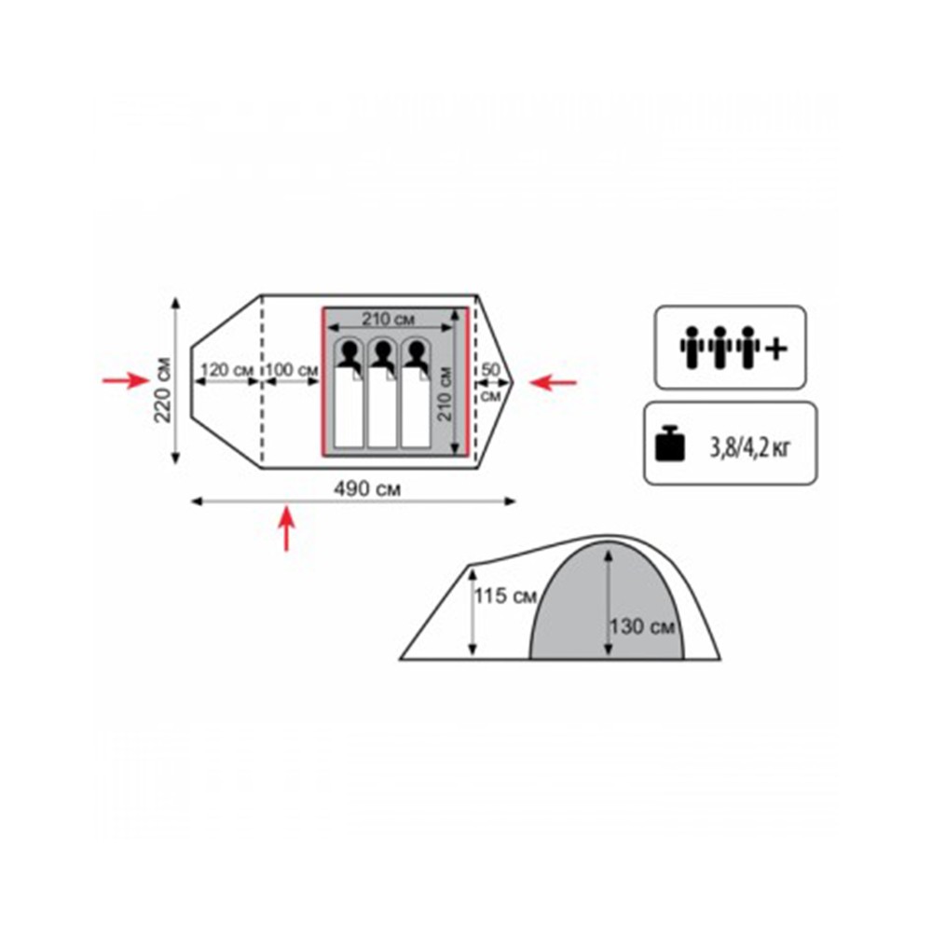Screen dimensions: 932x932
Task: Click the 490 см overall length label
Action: click(366, 489)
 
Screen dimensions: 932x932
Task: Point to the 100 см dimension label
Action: click(291, 370)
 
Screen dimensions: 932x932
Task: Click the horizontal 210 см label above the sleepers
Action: click(389, 319)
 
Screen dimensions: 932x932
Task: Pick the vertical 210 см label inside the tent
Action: click(445, 393)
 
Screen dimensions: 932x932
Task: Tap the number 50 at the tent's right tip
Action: click(490, 370)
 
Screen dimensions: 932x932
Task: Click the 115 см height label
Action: click(504, 595)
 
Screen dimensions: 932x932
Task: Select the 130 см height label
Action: click(642, 626)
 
